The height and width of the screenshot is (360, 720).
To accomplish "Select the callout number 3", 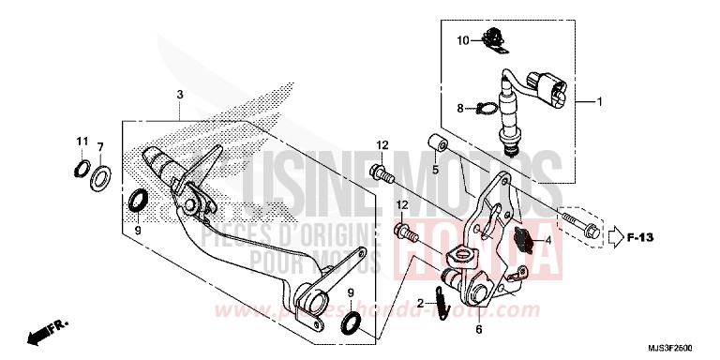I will click(179, 96).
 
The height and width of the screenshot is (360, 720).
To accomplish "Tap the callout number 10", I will click(463, 40).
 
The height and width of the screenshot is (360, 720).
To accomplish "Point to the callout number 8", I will click(461, 109).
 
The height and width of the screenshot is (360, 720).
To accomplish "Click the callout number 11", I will click(82, 142).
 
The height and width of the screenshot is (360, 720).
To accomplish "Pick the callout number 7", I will click(100, 148).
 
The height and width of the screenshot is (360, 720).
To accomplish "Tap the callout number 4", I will click(547, 241).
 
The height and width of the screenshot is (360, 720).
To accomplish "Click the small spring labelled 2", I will click(442, 302).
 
